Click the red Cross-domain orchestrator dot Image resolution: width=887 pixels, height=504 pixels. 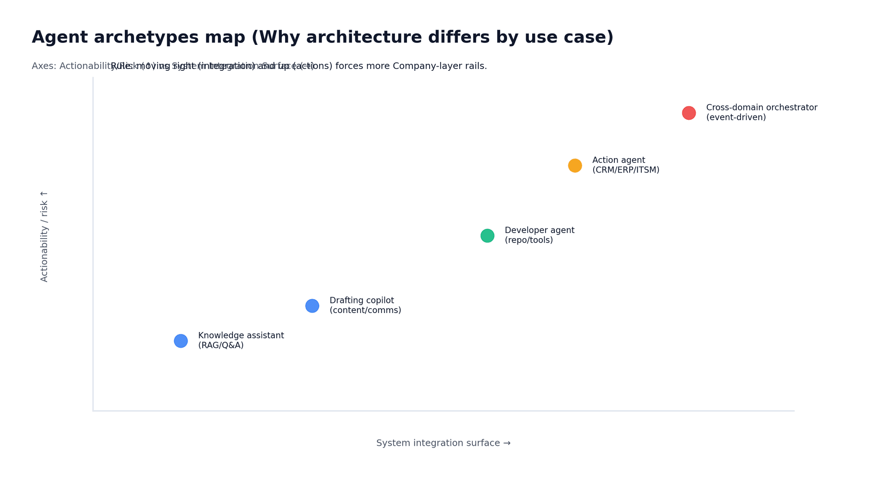coord(688,113)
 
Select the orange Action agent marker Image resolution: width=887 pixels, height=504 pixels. coord(575,166)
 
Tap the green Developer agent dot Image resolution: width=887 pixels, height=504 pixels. coord(487,236)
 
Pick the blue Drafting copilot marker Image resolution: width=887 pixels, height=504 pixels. coord(312,306)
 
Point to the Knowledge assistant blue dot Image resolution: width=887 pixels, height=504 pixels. coord(181,341)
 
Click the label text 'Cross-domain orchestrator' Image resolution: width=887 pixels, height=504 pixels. coord(761,108)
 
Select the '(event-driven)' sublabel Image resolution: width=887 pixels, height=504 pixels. coord(735,117)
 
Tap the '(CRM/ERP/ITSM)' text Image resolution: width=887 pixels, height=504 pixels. coord(626,170)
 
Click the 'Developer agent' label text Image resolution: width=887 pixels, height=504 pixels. coord(539,230)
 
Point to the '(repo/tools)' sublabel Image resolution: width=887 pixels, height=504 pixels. coord(529,240)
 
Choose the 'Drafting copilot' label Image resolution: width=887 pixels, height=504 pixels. coord(361,301)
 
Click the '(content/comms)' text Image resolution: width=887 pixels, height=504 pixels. coord(365,310)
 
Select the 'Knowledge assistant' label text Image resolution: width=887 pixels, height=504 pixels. coord(241,336)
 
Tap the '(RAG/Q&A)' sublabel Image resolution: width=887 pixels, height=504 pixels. coord(220,345)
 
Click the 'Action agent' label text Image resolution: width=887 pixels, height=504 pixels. coord(618,160)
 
